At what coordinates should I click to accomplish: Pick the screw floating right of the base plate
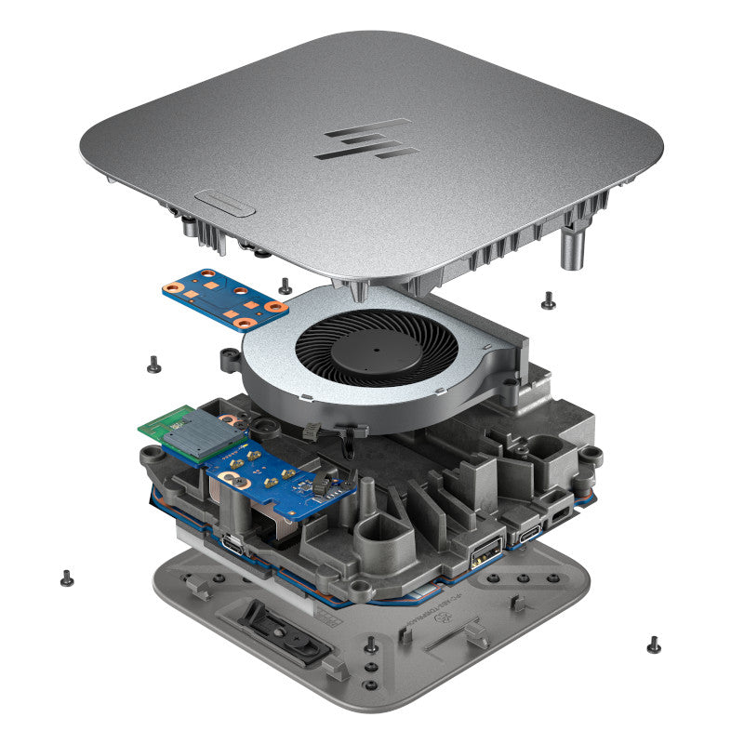click(x=654, y=644)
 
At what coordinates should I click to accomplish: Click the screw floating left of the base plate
click(x=66, y=577)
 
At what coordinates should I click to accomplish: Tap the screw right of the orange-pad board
click(x=284, y=283)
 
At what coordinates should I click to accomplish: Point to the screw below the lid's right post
click(x=548, y=299)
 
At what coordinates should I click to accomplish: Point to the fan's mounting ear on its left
click(x=228, y=360)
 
